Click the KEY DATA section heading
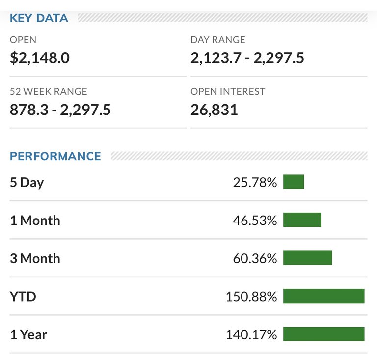[39, 18]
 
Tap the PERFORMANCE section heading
[55, 156]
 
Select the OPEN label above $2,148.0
[23, 40]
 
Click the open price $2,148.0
[40, 58]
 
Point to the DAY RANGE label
[217, 40]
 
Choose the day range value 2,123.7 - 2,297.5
[247, 58]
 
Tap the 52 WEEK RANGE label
[49, 91]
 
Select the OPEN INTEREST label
[228, 91]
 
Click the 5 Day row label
[27, 182]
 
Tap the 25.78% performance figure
[255, 182]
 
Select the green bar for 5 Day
[294, 182]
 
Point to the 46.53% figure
[255, 220]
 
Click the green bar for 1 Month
[302, 220]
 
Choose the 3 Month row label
[35, 258]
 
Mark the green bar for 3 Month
[308, 258]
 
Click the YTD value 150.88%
[251, 297]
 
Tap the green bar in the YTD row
[324, 296]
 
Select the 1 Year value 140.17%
[251, 334]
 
